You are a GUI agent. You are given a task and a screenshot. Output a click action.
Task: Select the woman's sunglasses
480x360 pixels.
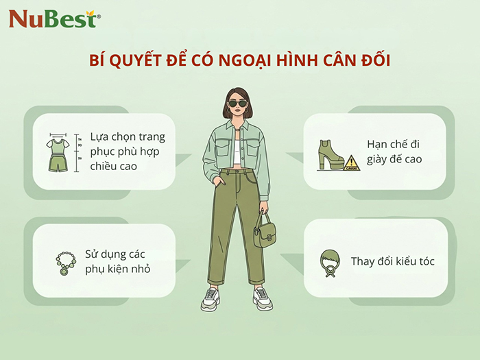click(x=239, y=104)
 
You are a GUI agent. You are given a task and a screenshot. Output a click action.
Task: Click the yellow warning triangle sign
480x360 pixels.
click(x=352, y=161)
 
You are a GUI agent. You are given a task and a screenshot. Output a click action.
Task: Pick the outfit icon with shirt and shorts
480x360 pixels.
click(x=58, y=153)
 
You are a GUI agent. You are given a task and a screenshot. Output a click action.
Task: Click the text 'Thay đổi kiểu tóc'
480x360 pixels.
click(x=392, y=261)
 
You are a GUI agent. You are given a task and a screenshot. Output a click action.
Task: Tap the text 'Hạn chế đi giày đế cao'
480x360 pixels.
click(x=396, y=152)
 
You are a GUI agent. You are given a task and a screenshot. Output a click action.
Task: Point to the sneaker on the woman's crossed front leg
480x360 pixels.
click(x=211, y=298)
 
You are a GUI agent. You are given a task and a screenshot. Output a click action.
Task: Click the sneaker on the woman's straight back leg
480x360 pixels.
click(x=262, y=296)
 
